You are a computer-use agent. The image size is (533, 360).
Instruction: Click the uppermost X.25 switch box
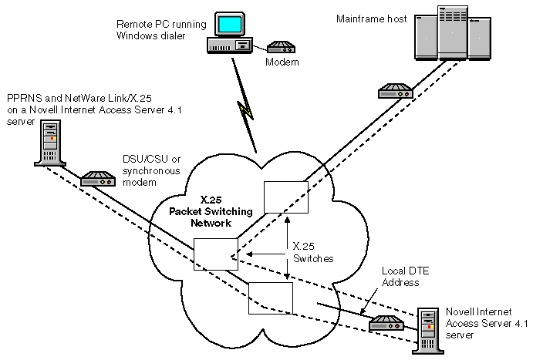tap(285, 197)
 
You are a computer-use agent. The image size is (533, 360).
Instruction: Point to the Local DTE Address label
tap(400, 278)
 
